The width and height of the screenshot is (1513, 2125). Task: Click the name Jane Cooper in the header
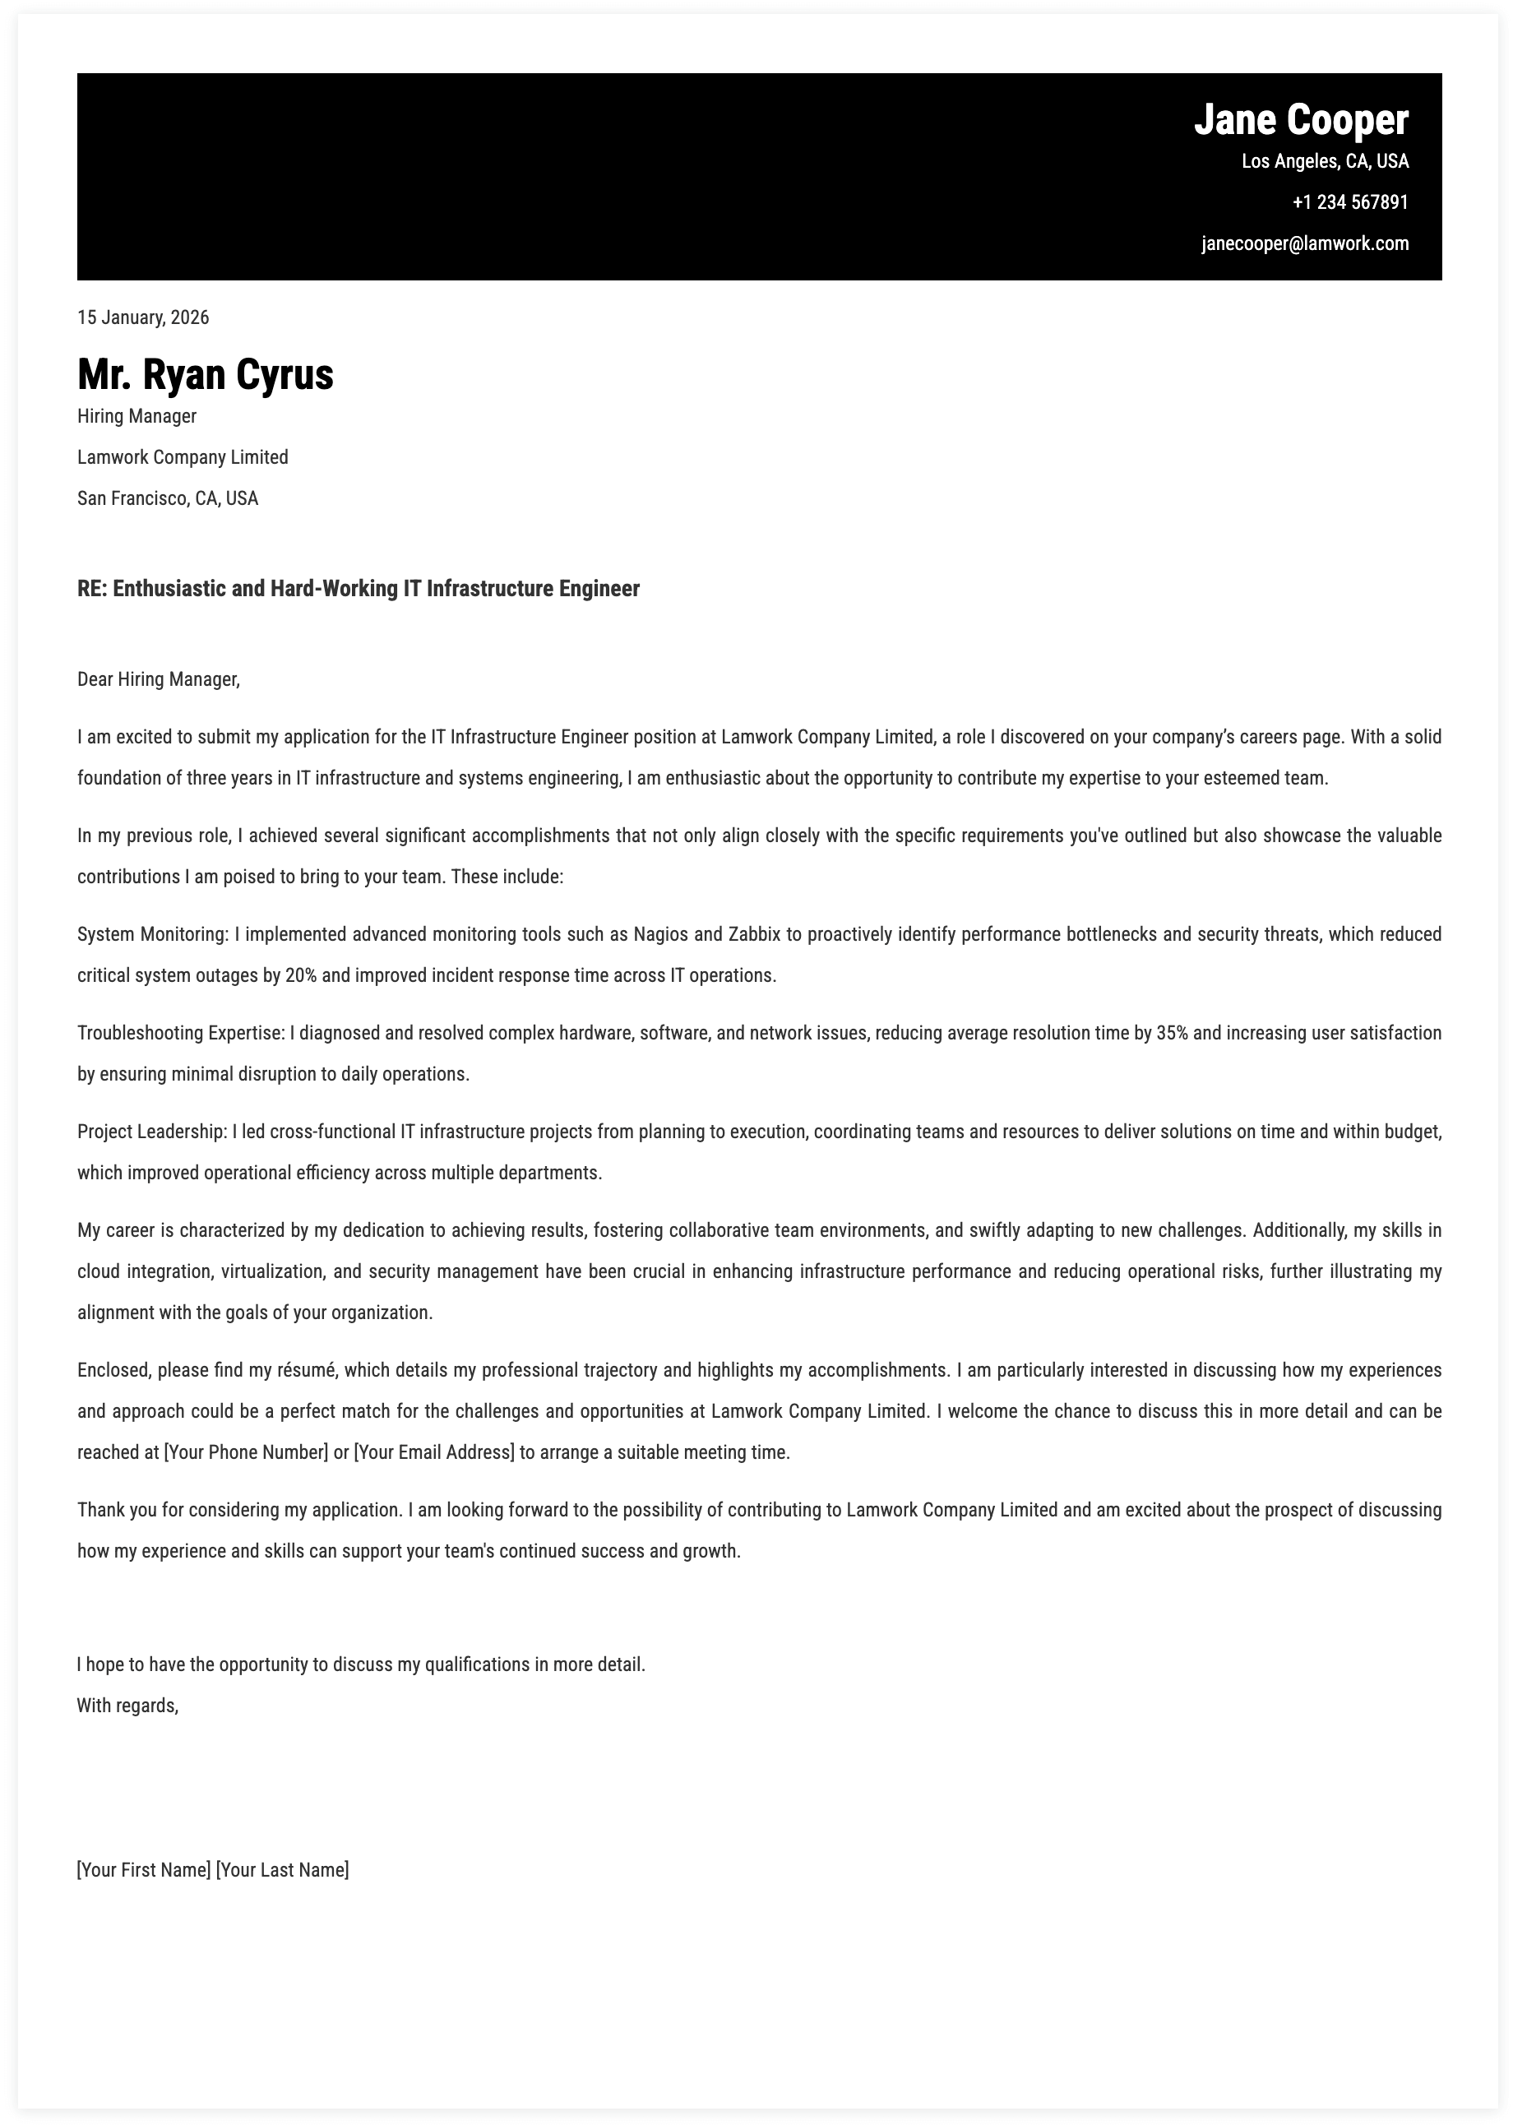tap(1301, 121)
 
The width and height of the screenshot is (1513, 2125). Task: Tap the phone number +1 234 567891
tap(1350, 202)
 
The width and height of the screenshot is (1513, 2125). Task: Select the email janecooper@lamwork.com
tap(1304, 244)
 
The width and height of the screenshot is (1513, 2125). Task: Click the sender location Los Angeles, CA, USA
tap(1325, 161)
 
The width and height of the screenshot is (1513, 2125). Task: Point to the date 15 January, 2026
tap(143, 317)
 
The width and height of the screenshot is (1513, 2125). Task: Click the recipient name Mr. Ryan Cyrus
tap(205, 374)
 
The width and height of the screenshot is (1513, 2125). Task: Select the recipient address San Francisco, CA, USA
tap(168, 498)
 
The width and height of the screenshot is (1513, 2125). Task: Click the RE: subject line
tap(359, 589)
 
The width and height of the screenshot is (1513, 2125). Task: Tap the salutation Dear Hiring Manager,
tap(159, 679)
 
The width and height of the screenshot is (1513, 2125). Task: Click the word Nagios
tap(661, 934)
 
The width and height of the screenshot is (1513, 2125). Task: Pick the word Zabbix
tap(754, 934)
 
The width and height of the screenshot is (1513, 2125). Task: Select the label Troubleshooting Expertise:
tap(181, 1033)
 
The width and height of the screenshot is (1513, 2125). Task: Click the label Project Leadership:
tap(152, 1132)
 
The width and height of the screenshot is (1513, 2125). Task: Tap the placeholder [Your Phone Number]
tap(246, 1452)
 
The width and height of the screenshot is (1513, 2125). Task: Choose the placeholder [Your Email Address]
tap(434, 1452)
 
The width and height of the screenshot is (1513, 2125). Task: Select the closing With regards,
tap(127, 1706)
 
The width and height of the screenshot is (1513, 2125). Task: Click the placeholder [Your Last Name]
tap(282, 1870)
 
